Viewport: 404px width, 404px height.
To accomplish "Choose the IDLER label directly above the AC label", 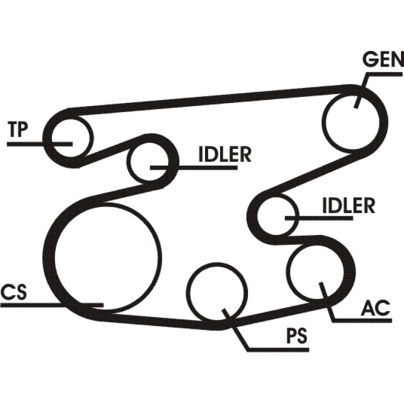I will tap(348, 206).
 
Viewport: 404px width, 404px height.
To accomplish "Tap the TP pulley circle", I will tap(68, 135).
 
